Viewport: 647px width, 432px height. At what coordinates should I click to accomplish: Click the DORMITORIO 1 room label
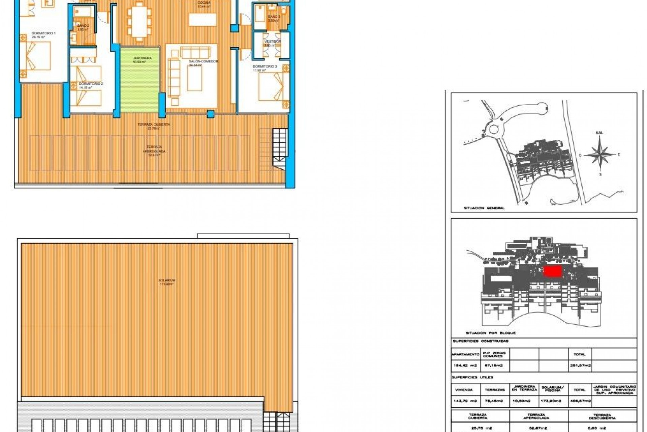point(43,33)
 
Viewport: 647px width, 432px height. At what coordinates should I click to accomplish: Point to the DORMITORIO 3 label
point(265,66)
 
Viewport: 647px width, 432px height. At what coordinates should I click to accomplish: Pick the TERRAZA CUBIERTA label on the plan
point(154,125)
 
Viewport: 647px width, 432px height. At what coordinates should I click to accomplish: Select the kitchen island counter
point(202,20)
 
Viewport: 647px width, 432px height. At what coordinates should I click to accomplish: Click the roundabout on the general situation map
point(494,129)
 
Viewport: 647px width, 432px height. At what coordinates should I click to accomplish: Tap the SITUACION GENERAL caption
point(484,208)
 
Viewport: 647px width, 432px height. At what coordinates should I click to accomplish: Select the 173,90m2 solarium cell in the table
point(553,401)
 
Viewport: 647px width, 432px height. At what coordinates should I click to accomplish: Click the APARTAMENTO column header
point(465,354)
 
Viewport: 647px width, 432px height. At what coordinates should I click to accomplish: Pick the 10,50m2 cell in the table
point(524,401)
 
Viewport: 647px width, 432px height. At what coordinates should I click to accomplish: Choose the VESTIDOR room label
point(272,42)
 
